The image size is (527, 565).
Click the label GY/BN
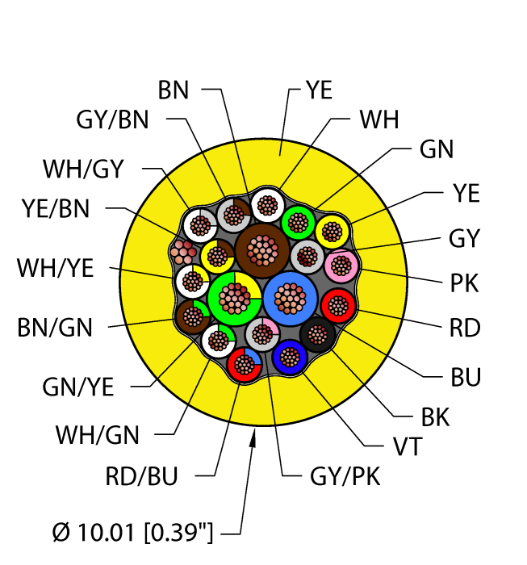(x=112, y=120)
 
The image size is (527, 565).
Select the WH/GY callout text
(x=83, y=169)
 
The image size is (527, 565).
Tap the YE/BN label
(x=56, y=209)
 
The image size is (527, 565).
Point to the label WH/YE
(x=56, y=268)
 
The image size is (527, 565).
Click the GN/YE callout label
(x=78, y=387)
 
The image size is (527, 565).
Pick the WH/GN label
(x=97, y=435)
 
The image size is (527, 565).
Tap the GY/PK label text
(x=345, y=476)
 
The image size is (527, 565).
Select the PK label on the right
(x=464, y=283)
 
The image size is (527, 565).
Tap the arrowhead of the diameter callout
(x=254, y=436)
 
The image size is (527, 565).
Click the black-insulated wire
(x=316, y=333)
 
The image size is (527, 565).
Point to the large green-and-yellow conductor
(x=233, y=298)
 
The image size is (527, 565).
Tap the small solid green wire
(x=298, y=221)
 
